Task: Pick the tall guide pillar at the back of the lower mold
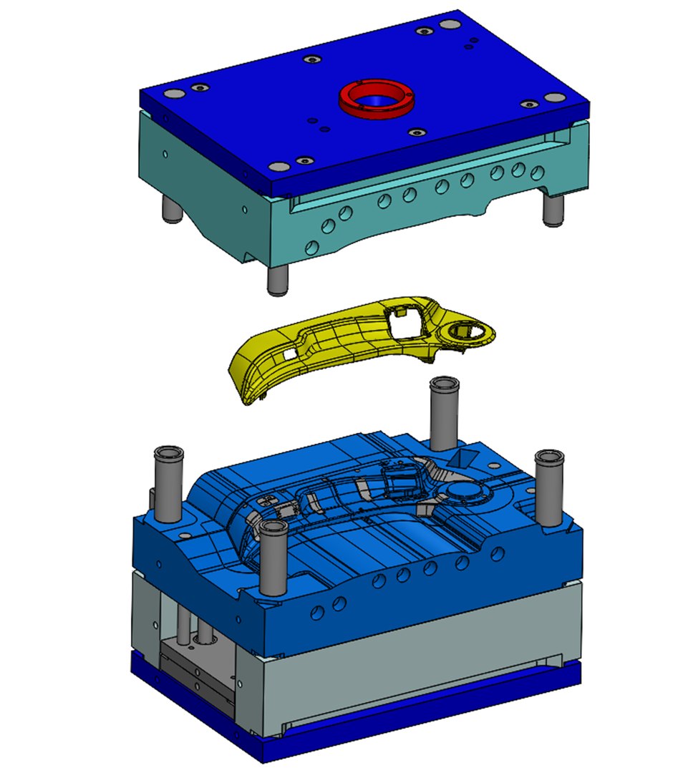click(443, 412)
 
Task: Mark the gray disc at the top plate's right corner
click(551, 97)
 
